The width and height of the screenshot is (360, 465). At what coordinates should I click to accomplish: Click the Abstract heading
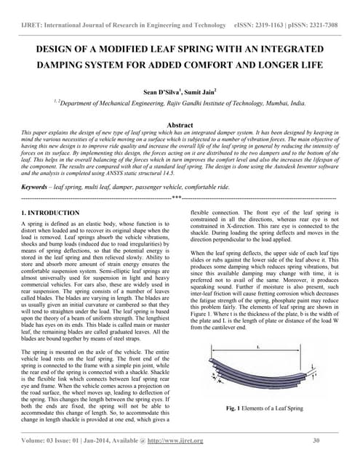(180, 125)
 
